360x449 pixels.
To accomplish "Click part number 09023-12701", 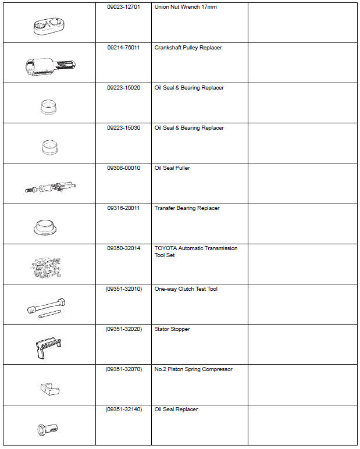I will (123, 8).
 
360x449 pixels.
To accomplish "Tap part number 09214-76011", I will (123, 48).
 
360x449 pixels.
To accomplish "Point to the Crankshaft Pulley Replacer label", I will (188, 48).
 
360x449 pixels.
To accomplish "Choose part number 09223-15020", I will (123, 88).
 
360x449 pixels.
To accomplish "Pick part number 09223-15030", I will (123, 128).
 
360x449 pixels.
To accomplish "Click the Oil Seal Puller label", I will (172, 168).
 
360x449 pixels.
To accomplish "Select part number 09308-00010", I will (123, 168).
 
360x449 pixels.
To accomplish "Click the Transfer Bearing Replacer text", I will (187, 208).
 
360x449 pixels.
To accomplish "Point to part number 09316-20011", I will (123, 208).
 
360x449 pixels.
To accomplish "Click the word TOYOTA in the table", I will (164, 248).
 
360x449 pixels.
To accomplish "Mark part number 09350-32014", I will (123, 248).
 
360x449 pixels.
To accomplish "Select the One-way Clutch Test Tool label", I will (186, 288).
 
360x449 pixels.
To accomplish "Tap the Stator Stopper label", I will (172, 329).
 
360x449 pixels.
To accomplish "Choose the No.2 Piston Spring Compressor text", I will (193, 369).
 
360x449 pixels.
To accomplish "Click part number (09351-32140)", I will (123, 409).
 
